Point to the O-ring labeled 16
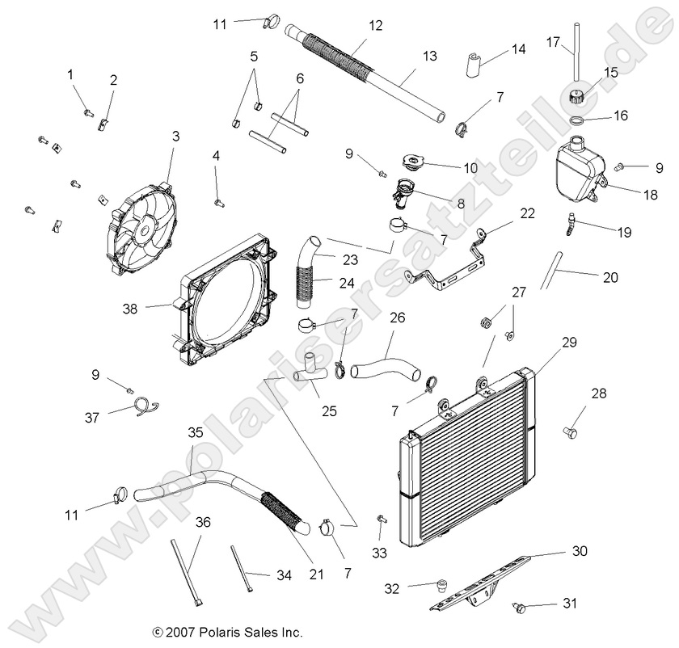pyautogui.click(x=577, y=120)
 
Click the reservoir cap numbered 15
pyautogui.click(x=577, y=98)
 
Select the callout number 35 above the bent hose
pyautogui.click(x=195, y=432)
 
